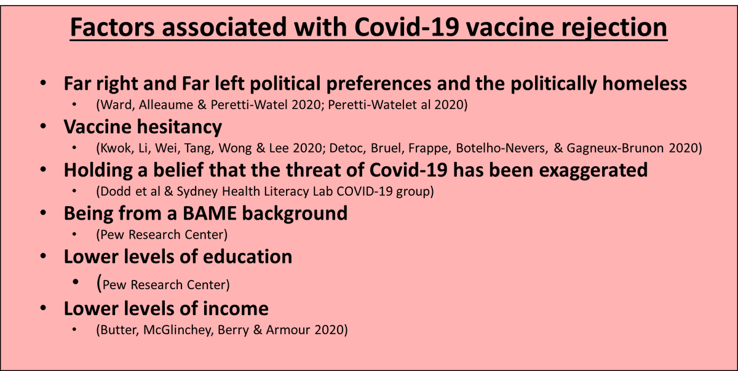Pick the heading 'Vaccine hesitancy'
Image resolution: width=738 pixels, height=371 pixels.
pos(143,127)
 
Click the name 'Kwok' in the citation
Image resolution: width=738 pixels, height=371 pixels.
pos(113,148)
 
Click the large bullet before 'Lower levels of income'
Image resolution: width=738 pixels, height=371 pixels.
pos(43,308)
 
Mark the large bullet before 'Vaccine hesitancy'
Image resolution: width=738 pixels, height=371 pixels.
pos(43,128)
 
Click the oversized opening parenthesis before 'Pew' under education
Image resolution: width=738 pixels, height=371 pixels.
pos(98,283)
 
